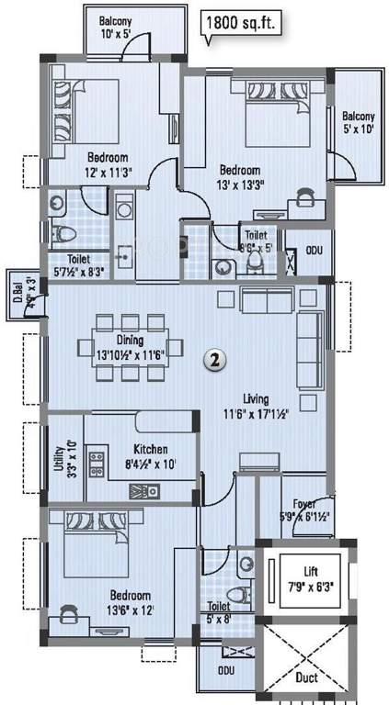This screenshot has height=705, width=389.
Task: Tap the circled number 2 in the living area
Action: coord(213,361)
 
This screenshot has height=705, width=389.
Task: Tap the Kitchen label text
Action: coord(150,449)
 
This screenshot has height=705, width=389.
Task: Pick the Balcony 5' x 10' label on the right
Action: coord(358,123)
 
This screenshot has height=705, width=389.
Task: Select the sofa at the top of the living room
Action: coord(267,299)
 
